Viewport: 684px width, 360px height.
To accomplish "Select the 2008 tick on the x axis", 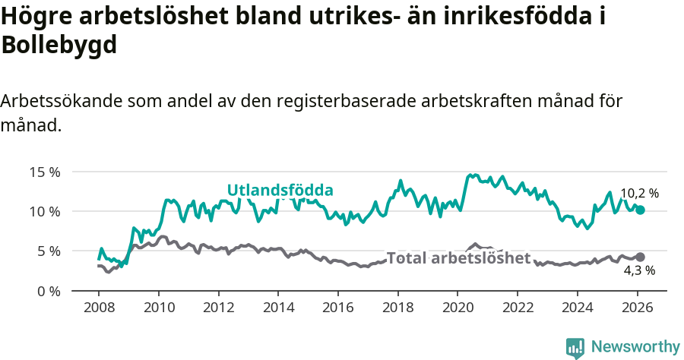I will pyautogui.click(x=99, y=308).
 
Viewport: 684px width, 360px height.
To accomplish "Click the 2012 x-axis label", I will pyautogui.click(x=218, y=308).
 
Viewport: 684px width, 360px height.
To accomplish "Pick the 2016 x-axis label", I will pyautogui.click(x=337, y=308).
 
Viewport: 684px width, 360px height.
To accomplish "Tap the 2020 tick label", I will pyautogui.click(x=457, y=308).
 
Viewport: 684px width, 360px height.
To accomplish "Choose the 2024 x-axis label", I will pyautogui.click(x=576, y=308).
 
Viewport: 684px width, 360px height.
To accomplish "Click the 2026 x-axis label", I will pyautogui.click(x=636, y=308).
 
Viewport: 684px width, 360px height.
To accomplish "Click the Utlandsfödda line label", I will pyautogui.click(x=280, y=190).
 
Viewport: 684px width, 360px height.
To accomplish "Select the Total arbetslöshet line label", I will pyautogui.click(x=458, y=258).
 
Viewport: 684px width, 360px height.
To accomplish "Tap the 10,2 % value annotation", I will pyautogui.click(x=639, y=194).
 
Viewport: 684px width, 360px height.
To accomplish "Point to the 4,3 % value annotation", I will pyautogui.click(x=639, y=270).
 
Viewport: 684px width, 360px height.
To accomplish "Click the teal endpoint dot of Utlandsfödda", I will pyautogui.click(x=640, y=210).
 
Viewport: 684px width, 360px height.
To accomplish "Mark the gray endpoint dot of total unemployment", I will pyautogui.click(x=640, y=257).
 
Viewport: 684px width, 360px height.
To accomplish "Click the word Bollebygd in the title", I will pyautogui.click(x=59, y=45).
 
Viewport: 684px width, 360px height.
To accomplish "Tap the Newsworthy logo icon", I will pyautogui.click(x=575, y=348).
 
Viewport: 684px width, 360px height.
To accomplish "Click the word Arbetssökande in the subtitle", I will pyautogui.click(x=62, y=102).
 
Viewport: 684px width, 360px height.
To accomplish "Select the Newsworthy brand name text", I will pyautogui.click(x=635, y=347).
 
